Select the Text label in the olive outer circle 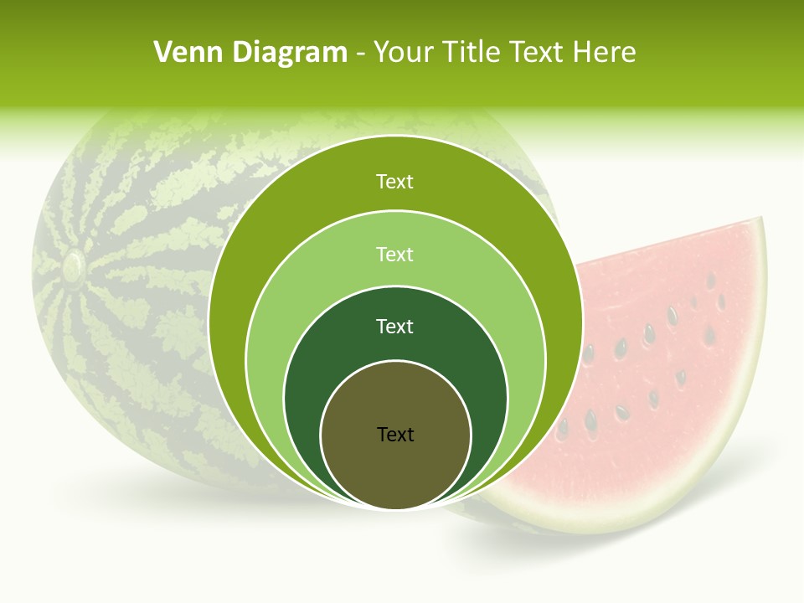[x=394, y=182]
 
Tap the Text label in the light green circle [x=394, y=254]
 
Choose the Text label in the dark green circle [x=394, y=326]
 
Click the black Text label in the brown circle [x=395, y=434]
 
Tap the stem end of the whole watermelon [x=73, y=266]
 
